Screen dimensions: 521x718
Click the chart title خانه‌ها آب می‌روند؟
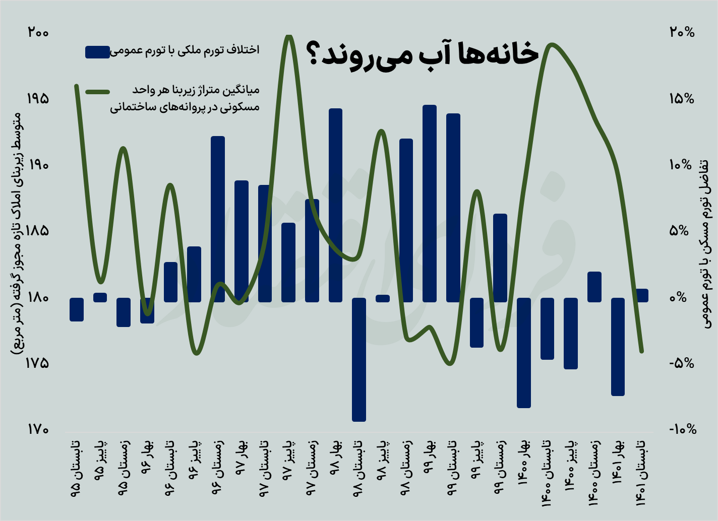[x=422, y=53]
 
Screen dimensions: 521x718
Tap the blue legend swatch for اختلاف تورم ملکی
[x=97, y=51]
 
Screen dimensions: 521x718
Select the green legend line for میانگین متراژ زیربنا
[x=97, y=92]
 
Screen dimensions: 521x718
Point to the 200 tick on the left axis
[x=38, y=32]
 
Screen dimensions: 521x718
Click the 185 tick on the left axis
[x=38, y=231]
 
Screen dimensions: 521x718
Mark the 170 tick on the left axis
[x=38, y=429]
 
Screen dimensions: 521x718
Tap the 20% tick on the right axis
[x=682, y=32]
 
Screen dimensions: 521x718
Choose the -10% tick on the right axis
[x=683, y=429]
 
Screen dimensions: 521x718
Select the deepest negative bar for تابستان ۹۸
[x=359, y=359]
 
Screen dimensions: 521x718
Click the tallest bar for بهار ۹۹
[x=430, y=204]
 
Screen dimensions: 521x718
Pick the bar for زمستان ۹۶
[x=218, y=219]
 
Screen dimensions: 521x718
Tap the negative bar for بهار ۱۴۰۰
[x=524, y=353]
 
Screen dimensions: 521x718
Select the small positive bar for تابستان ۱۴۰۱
[x=641, y=295]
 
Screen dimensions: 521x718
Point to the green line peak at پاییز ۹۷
[x=288, y=36]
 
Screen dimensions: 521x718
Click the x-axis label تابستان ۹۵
[x=77, y=469]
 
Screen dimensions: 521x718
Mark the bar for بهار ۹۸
[x=335, y=205]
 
